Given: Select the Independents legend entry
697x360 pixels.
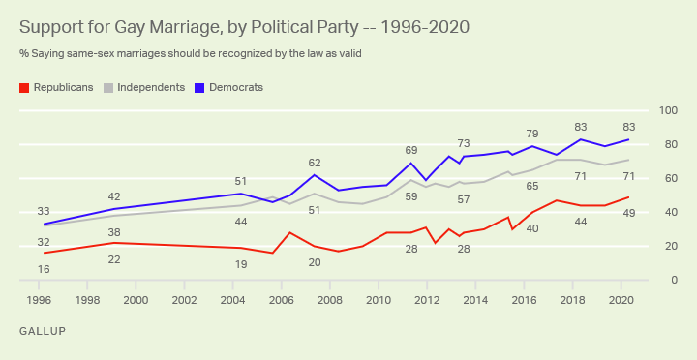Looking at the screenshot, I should pyautogui.click(x=150, y=87).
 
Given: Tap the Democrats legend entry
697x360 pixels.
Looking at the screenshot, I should pyautogui.click(x=235, y=87).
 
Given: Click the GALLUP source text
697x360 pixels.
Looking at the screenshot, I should pyautogui.click(x=44, y=331).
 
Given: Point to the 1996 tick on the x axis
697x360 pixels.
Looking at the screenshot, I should pyautogui.click(x=40, y=300).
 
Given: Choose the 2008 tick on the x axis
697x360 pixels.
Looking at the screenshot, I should pyautogui.click(x=330, y=300).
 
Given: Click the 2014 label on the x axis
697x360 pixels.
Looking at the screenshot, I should pyautogui.click(x=475, y=300).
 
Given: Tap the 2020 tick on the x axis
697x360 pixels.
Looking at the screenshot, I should pyautogui.click(x=621, y=300).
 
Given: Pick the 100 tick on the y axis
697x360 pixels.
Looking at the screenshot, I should pyautogui.click(x=667, y=110).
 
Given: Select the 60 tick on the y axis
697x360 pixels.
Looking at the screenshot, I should pyautogui.click(x=667, y=178).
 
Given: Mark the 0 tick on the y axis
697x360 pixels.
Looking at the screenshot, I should pyautogui.click(x=667, y=280).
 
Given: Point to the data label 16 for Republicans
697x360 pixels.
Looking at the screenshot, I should pyautogui.click(x=44, y=268).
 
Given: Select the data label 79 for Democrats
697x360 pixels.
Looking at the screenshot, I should pyautogui.click(x=531, y=134).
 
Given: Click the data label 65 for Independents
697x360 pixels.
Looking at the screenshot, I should pyautogui.click(x=531, y=186).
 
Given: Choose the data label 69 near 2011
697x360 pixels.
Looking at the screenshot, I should pyautogui.click(x=411, y=150).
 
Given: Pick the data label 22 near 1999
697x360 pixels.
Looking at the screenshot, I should pyautogui.click(x=114, y=259).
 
